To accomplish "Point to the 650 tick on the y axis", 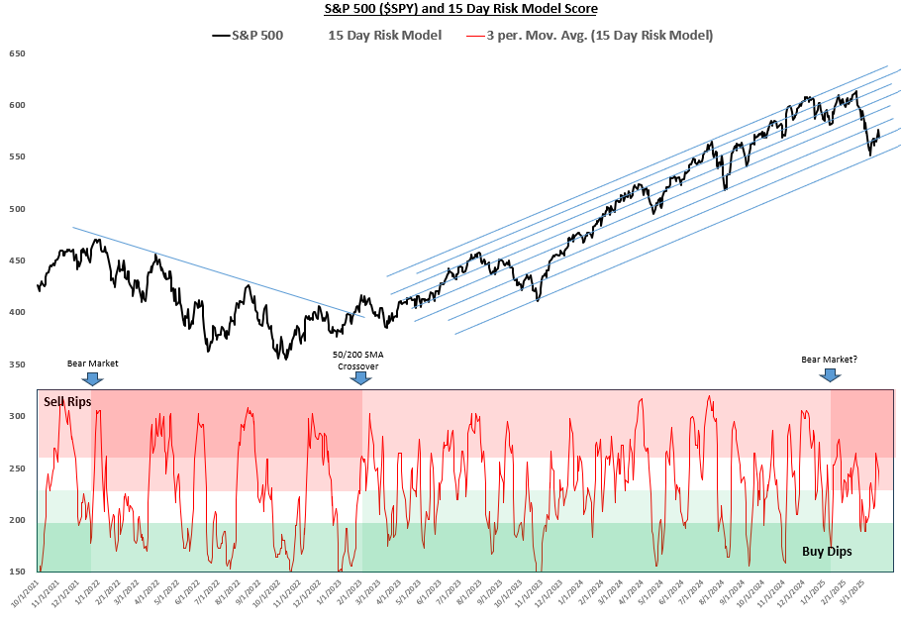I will tap(17, 53).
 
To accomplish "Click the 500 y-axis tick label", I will tap(17, 209).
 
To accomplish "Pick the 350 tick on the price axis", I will tap(17, 365).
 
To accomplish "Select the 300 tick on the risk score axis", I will tap(17, 416).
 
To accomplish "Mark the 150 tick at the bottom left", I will tap(17, 572).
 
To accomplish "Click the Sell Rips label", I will tap(67, 401).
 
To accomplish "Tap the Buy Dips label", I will tap(826, 551).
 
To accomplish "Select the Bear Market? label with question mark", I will tap(830, 361).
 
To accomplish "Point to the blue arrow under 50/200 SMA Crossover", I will tap(359, 377).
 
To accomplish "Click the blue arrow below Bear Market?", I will tap(830, 374).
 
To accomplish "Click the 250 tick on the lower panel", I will tap(17, 468).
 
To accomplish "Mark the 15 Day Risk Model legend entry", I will tap(384, 35).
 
